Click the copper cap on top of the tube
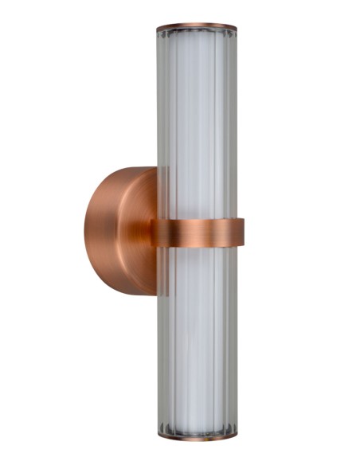(x=197, y=27)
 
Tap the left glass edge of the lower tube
(x=162, y=342)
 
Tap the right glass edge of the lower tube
(x=233, y=342)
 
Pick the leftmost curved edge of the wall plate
(x=83, y=231)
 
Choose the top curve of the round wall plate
(x=127, y=170)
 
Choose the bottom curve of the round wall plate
(x=127, y=292)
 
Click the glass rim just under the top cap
(x=197, y=35)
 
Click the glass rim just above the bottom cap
(x=197, y=426)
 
